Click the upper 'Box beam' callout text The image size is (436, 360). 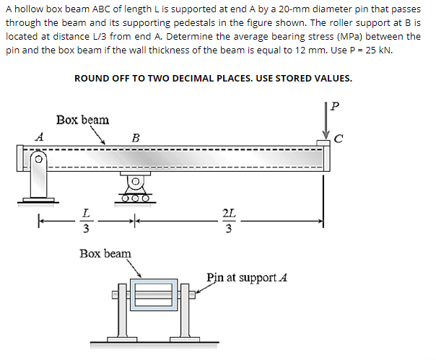click(82, 119)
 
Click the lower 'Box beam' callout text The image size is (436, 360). click(105, 253)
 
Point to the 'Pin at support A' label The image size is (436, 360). click(248, 277)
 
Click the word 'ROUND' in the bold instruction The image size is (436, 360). click(92, 78)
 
